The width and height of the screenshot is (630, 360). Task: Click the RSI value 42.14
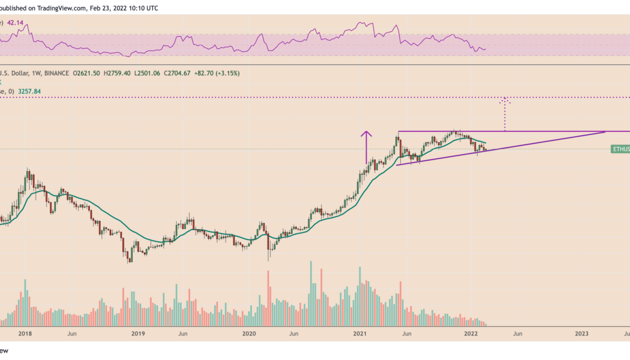click(16, 22)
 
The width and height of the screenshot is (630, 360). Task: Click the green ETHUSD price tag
click(620, 148)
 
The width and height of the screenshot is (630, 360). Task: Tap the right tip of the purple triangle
click(605, 131)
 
